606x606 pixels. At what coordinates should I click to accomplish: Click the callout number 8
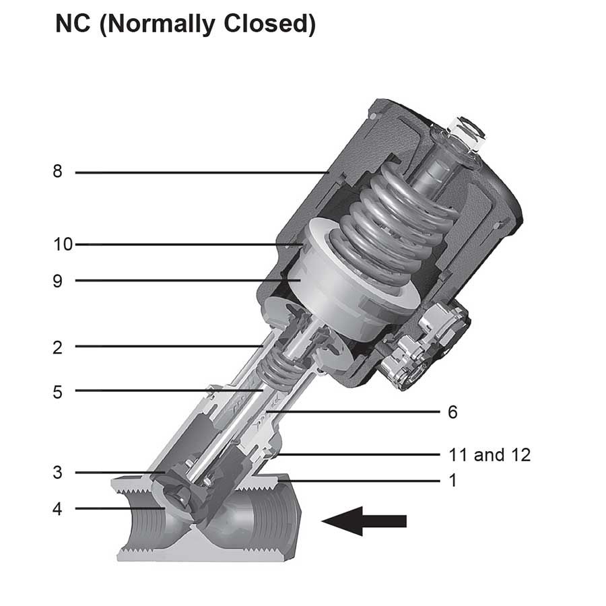point(58,172)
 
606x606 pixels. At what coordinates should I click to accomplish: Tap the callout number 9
point(58,280)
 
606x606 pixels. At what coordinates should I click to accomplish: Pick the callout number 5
point(58,391)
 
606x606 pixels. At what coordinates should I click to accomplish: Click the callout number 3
point(58,472)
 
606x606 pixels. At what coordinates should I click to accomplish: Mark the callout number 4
point(58,508)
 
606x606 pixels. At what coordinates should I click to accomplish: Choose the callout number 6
point(452,412)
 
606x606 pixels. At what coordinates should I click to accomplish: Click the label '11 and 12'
point(490,454)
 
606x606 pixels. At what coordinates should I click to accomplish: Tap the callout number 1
point(452,481)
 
